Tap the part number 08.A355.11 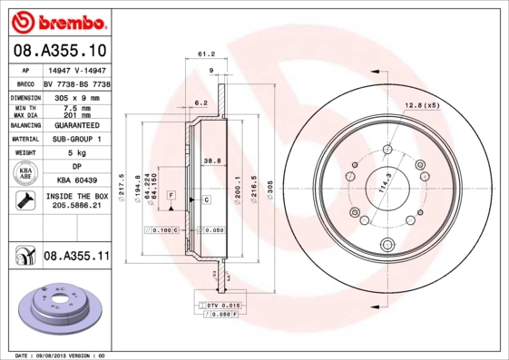76,257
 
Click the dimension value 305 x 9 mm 76,95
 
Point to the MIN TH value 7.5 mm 76,107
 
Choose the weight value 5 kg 76,153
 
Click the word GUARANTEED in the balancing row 76,126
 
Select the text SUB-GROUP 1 76,140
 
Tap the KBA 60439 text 76,180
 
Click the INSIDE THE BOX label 76,196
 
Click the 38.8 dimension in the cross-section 214,160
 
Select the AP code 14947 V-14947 76,69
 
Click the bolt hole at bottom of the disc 387,243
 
